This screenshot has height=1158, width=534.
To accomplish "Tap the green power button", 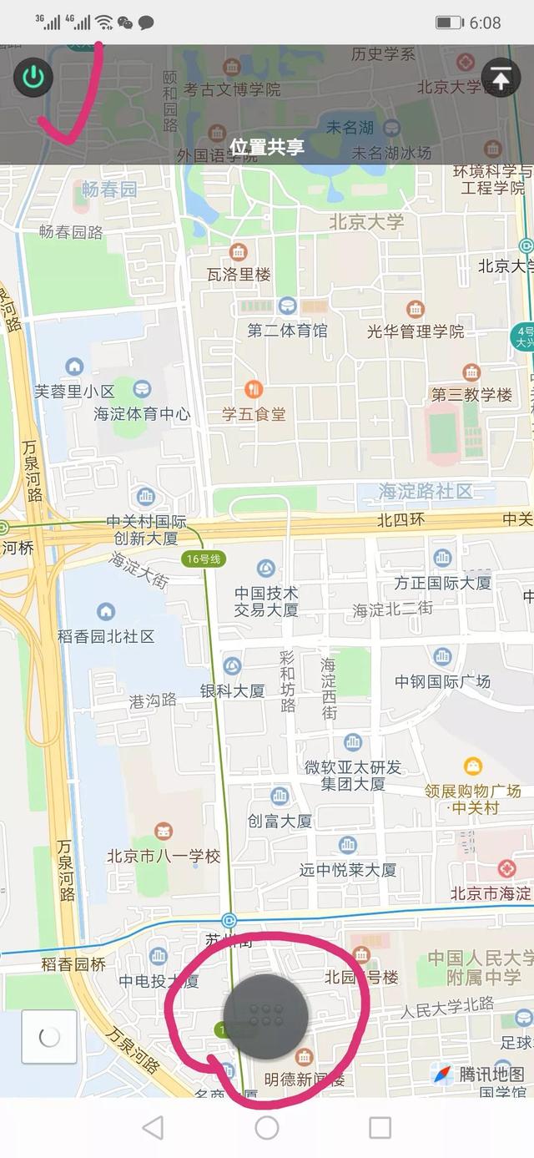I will (33, 78).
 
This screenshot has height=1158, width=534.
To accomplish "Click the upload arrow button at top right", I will (501, 78).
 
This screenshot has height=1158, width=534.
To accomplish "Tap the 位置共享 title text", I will (267, 148).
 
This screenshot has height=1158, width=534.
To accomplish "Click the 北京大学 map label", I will (366, 222).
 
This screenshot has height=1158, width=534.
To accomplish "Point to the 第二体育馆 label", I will (287, 331).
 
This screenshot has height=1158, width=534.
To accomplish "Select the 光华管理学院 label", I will (416, 331).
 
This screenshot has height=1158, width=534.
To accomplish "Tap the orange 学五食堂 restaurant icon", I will (254, 389).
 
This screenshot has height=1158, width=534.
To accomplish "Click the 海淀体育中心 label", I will (142, 413).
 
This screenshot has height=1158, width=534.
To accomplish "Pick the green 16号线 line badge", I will (204, 559).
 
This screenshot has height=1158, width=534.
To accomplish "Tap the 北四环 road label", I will (400, 519).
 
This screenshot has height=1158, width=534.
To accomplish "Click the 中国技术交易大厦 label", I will (266, 601).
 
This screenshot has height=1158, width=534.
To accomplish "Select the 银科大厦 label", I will (232, 690).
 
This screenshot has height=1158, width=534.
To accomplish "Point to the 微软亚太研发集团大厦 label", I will (353, 776).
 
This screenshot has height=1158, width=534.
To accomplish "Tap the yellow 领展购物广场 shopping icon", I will (473, 766).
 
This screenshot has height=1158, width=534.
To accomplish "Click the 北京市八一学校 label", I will (164, 856).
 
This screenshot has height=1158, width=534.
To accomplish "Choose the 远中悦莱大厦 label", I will (348, 870).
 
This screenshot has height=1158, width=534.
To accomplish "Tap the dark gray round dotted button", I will (266, 1015).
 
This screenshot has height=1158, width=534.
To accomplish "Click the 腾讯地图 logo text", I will (491, 1074).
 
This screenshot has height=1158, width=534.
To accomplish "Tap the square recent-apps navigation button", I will (380, 1128).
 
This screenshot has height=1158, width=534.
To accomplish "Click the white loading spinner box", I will (49, 1037).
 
